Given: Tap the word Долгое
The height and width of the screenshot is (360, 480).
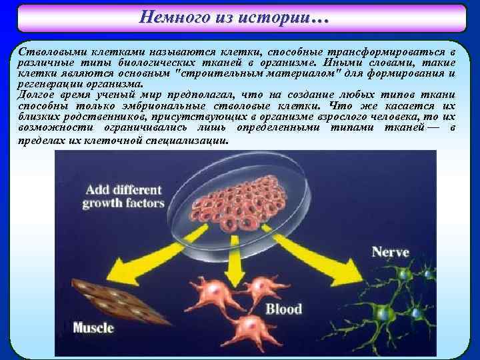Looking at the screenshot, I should [37, 95].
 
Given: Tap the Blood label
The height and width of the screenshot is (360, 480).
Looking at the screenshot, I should [283, 309].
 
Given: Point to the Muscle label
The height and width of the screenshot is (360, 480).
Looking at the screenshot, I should [93, 327].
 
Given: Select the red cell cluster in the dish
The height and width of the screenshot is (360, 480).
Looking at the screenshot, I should [241, 199].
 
